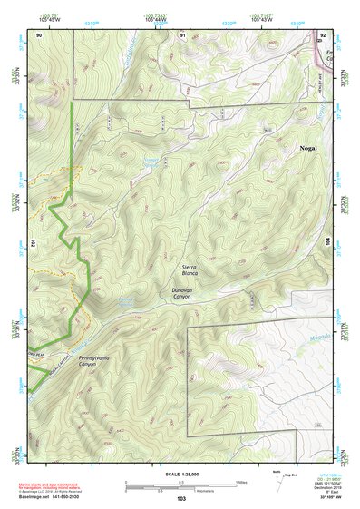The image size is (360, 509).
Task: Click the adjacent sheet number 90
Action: (x=39, y=34)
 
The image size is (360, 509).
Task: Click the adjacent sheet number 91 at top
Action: (x=182, y=34)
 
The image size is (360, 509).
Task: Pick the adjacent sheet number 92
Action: (x=322, y=34)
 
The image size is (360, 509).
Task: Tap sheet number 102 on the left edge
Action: (x=32, y=244)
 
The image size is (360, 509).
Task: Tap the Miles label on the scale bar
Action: (x=240, y=482)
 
